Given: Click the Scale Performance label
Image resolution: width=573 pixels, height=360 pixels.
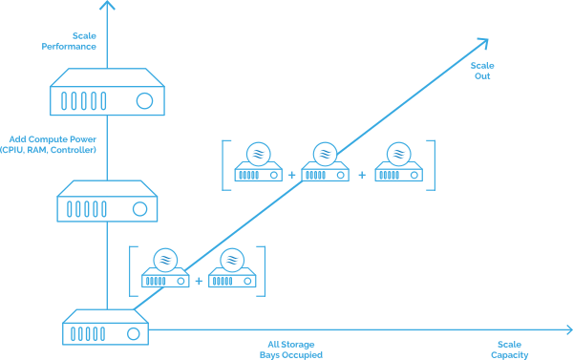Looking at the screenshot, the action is [69, 41].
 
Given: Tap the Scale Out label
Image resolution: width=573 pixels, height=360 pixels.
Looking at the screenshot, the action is [482, 71].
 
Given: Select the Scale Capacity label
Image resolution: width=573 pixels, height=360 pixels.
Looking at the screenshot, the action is [509, 349].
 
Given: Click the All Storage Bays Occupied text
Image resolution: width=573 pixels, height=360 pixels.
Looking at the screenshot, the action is [291, 349].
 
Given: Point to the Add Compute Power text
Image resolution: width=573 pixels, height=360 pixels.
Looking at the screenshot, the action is [53, 139].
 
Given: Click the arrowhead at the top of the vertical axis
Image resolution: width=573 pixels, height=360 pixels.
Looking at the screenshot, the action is [107, 4].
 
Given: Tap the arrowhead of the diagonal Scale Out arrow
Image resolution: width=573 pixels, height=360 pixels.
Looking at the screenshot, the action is [484, 42].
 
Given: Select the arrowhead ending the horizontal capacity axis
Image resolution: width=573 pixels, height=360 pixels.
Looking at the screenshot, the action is [569, 329].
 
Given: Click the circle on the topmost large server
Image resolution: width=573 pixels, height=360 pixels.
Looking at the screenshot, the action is [144, 101].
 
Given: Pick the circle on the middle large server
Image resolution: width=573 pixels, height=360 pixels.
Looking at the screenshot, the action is [139, 209].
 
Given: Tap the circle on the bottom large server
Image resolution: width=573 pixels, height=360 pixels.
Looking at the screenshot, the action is [134, 333].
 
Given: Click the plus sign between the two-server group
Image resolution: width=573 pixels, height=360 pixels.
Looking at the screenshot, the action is [199, 281].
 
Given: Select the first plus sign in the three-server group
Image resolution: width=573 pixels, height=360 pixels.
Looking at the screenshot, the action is [291, 175].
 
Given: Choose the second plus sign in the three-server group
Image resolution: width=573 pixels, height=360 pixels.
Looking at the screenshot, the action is [362, 175].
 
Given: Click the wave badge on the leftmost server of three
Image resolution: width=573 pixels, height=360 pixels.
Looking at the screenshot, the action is [259, 154].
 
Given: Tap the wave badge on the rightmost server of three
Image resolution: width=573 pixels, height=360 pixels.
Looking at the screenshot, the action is [398, 154].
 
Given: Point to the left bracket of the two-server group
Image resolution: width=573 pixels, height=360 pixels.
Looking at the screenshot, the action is [130, 271].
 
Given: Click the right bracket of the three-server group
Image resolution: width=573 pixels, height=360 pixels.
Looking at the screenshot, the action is [435, 165].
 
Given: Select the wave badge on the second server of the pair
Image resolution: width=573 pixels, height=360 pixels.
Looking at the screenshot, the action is [232, 260].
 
